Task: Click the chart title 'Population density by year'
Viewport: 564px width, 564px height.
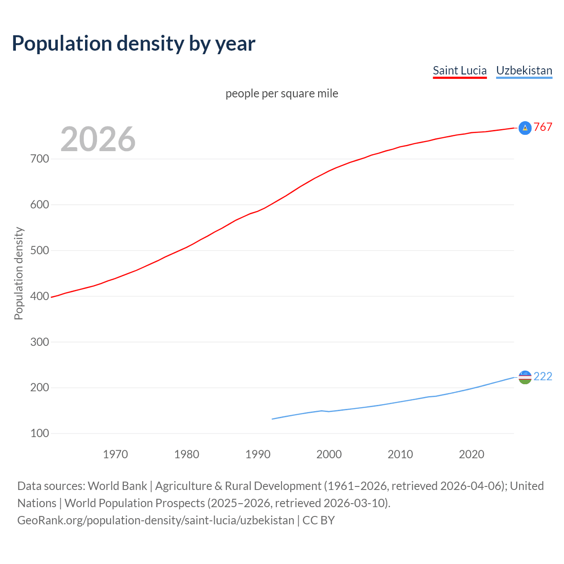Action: [x=134, y=44]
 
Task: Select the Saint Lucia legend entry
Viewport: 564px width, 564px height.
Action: [x=460, y=70]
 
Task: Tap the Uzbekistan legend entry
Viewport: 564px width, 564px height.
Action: [x=524, y=70]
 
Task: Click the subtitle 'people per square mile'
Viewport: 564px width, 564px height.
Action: [x=282, y=93]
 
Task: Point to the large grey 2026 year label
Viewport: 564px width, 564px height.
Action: [x=98, y=139]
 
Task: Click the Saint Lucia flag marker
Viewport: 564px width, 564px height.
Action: [x=525, y=128]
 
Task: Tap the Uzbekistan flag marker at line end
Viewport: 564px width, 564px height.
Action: [x=525, y=377]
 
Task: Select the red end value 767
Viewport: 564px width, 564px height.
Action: [x=543, y=127]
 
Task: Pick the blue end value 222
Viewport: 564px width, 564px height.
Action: [x=543, y=376]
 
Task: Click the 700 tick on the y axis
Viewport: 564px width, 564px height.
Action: [x=40, y=159]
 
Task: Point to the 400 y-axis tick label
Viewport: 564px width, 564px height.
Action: [x=40, y=296]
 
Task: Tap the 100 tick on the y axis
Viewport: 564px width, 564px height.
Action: [x=40, y=434]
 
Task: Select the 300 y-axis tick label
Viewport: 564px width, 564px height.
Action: [x=40, y=342]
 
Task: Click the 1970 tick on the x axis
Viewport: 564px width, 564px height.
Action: [x=115, y=454]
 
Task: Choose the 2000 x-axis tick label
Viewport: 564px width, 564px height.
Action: [x=329, y=454]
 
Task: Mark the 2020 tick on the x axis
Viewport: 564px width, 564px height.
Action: [x=471, y=454]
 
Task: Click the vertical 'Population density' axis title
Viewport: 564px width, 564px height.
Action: [x=19, y=273]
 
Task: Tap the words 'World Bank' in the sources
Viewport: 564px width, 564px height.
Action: [x=117, y=486]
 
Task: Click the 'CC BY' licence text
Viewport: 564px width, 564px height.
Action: [x=319, y=520]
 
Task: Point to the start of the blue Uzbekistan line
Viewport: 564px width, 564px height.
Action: [x=273, y=419]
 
